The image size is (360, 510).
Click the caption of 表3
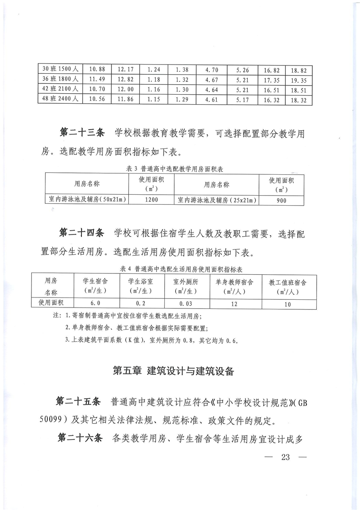point(177,168)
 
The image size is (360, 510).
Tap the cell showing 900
point(281,200)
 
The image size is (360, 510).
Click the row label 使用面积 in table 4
point(50,303)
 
